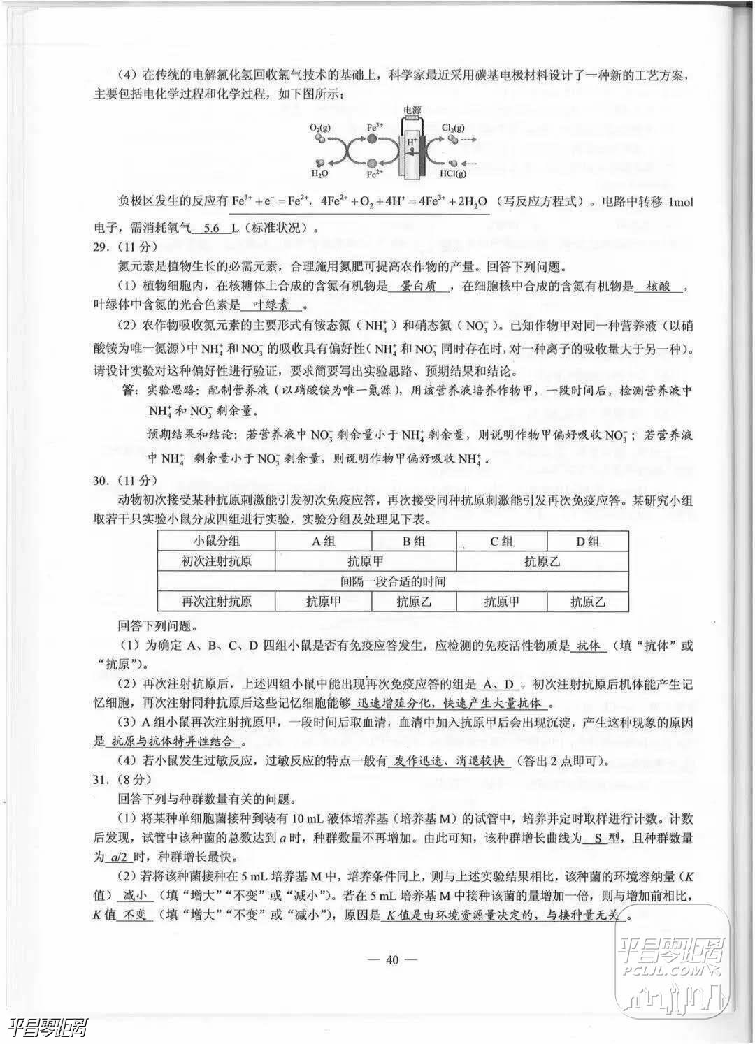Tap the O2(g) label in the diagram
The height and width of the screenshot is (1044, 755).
[320, 129]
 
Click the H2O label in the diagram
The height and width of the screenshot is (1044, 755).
[319, 173]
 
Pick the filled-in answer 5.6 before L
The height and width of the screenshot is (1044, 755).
[205, 227]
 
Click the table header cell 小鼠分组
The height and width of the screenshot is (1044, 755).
[217, 541]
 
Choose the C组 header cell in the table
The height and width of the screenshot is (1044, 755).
[501, 541]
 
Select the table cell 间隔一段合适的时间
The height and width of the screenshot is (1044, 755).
[393, 581]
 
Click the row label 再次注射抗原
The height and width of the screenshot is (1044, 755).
[217, 601]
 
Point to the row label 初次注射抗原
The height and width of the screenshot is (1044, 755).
[217, 561]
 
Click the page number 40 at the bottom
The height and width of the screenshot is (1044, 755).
[391, 959]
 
